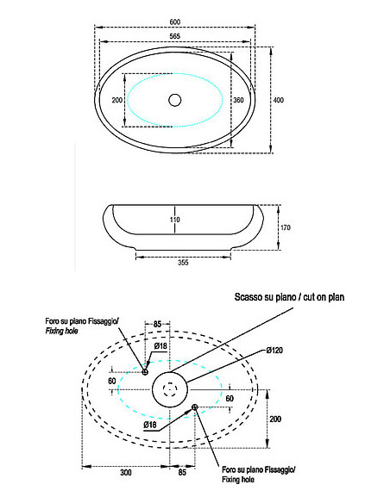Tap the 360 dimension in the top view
click(239, 100)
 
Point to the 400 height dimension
click(279, 101)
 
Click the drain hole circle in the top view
click(175, 101)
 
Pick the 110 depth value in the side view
click(175, 220)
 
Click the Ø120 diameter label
click(276, 351)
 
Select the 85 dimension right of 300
click(182, 473)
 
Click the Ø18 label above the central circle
click(160, 346)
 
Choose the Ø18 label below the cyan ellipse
click(149, 425)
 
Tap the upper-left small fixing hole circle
click(145, 372)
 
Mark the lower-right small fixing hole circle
click(197, 406)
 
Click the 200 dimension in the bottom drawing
click(275, 418)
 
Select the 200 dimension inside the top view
click(118, 100)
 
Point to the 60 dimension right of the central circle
click(230, 399)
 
